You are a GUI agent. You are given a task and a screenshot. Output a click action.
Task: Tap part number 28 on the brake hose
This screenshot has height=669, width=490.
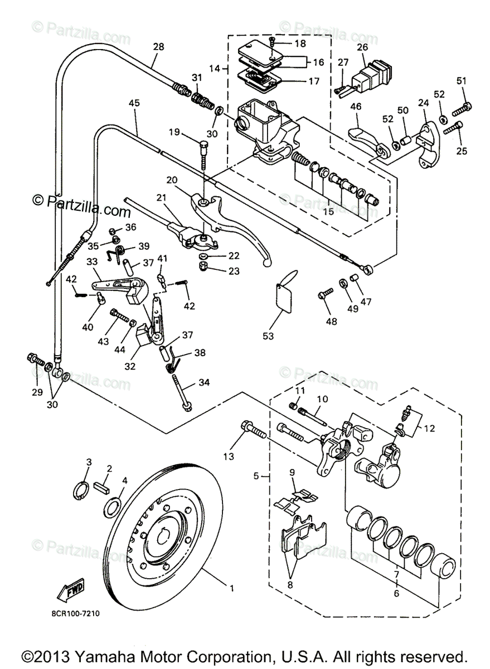158,47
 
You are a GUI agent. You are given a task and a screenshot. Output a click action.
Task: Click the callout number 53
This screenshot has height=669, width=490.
268,336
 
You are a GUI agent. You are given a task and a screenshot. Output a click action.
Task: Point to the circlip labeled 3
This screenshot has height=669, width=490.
81,491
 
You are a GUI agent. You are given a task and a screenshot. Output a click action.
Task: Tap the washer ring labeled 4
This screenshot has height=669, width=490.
113,507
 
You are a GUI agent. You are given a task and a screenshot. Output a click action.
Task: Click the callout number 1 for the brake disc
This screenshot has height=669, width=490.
232,588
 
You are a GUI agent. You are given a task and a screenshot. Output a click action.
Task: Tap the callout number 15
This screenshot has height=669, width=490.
328,211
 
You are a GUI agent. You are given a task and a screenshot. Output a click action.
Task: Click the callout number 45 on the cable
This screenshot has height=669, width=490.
134,103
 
